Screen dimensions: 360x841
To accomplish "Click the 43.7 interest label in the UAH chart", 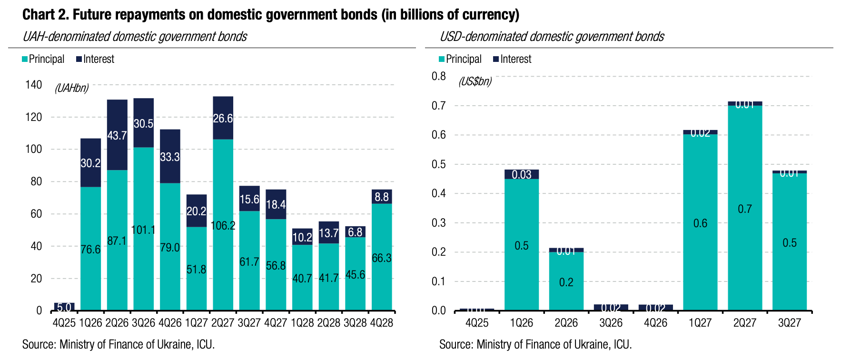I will pos(117,136).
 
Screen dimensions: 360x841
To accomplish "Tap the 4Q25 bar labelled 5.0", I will pos(64,307).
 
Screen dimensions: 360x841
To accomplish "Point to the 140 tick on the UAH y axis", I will pos(33,85).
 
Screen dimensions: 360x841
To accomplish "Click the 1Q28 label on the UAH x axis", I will pos(302,323).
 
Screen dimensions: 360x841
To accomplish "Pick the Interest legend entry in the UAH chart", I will pos(95,59).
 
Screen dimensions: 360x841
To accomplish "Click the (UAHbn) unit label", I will pos(71,88).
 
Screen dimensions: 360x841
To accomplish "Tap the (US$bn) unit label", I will pos(475,81).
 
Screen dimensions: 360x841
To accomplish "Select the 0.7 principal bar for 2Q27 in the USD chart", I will pos(745,208).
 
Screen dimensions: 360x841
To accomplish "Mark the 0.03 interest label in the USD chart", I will pos(522,175).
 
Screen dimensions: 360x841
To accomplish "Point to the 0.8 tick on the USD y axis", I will pos(438,76).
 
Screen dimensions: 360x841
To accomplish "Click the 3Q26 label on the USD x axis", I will pos(611,323).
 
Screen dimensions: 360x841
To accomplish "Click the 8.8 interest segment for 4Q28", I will pos(382,197).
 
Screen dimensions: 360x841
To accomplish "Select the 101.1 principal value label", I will pos(143,230).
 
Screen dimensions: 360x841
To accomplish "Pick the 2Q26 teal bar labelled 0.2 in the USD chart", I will pos(566,282).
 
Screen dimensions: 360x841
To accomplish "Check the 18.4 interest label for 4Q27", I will pos(276,204).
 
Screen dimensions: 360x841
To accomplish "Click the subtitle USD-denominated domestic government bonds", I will pos(552,37).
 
